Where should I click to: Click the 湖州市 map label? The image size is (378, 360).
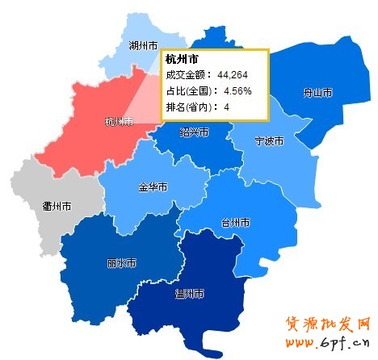coord(144,47)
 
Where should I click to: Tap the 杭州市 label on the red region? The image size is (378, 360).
coord(119,122)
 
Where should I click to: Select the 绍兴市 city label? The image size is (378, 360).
coord(194,132)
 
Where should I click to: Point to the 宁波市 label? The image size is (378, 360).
coord(269,141)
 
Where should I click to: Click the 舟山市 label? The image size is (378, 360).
coord(317,93)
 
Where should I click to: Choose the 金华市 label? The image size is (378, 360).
coord(153,187)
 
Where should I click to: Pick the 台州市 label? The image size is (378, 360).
coord(235,222)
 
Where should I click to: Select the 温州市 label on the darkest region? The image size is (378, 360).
coord(190,293)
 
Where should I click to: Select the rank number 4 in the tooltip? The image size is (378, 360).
coord(226,106)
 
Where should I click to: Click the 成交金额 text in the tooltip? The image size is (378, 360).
coord(185,75)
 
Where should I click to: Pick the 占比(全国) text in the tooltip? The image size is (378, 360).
coord(188,90)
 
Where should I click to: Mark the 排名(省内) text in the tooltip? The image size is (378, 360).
coord(188,106)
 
